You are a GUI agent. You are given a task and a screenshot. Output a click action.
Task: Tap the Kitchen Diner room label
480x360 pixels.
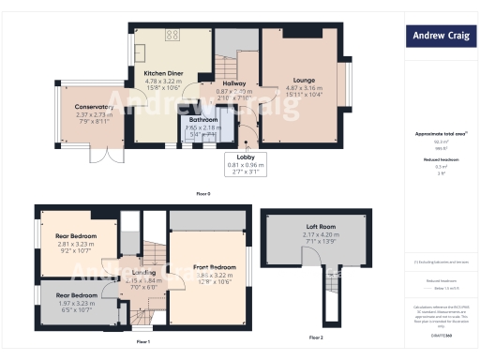(162, 72)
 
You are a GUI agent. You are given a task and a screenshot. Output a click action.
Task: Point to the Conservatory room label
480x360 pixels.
(94, 107)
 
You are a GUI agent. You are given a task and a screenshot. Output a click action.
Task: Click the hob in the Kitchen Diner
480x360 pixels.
(172, 37)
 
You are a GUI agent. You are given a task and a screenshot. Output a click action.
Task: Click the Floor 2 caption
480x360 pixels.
(315, 337)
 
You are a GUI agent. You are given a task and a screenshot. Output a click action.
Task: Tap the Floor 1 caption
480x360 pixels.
(143, 342)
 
